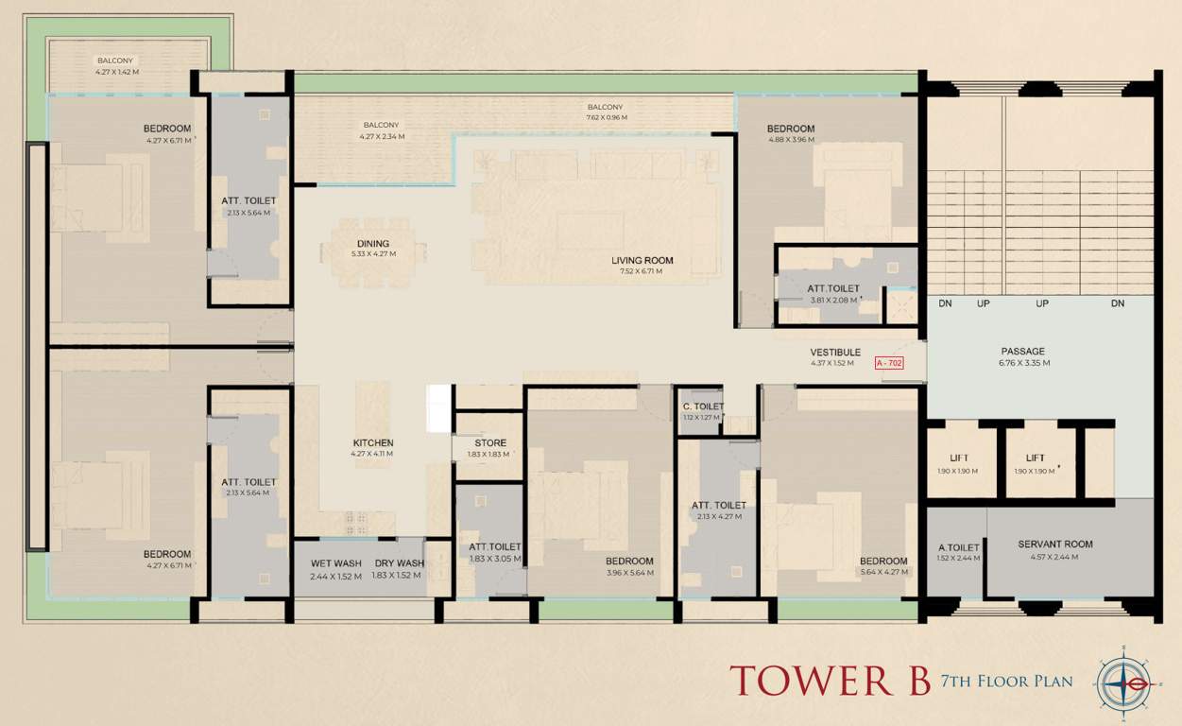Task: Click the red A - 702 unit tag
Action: pyautogui.click(x=889, y=363)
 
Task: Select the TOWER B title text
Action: pyautogui.click(x=830, y=681)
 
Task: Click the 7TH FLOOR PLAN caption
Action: pyautogui.click(x=1006, y=681)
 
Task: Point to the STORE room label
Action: pyautogui.click(x=490, y=442)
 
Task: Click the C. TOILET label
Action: pyautogui.click(x=702, y=406)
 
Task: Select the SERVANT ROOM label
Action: pyautogui.click(x=1054, y=544)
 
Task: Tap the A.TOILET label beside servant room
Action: pyautogui.click(x=958, y=547)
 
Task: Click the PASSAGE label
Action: pyautogui.click(x=1023, y=352)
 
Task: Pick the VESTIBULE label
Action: pyautogui.click(x=834, y=353)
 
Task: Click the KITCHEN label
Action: pyautogui.click(x=373, y=442)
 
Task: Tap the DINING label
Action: pyautogui.click(x=373, y=243)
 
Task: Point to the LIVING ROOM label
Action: pyautogui.click(x=642, y=260)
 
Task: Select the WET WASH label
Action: pyautogui.click(x=335, y=563)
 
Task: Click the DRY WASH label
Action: pyautogui.click(x=399, y=563)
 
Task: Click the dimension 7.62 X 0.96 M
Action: pyautogui.click(x=605, y=118)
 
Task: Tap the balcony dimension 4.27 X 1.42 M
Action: pyautogui.click(x=117, y=72)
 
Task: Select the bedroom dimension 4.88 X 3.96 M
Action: pyautogui.click(x=790, y=140)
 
